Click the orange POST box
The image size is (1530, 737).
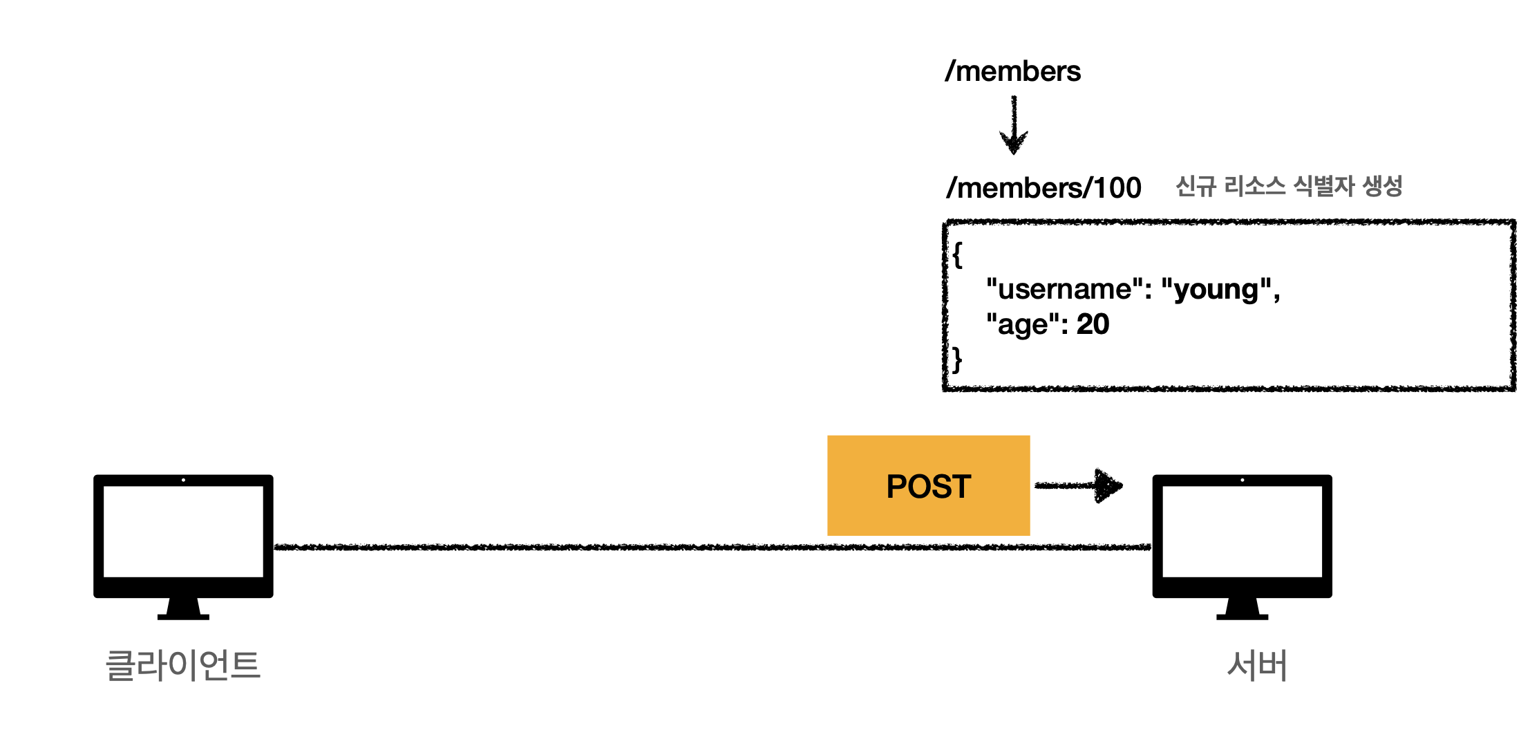point(928,485)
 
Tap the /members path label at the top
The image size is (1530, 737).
point(1012,71)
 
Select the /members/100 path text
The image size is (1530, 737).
point(1043,187)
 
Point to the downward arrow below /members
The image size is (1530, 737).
point(1014,125)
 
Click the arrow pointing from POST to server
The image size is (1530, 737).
point(1078,485)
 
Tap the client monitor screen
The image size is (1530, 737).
point(183,531)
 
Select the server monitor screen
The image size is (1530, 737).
point(1242,531)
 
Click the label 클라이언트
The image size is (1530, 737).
point(182,665)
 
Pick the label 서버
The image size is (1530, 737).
point(1257,665)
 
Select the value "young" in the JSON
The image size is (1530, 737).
point(1216,290)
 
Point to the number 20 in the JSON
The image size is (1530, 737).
point(1093,324)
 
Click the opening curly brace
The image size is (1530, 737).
point(957,254)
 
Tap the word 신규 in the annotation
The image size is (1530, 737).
point(1196,185)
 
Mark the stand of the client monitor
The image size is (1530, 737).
point(183,608)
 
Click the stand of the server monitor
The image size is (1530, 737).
point(1242,608)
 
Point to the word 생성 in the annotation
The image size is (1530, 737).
point(1382,185)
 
